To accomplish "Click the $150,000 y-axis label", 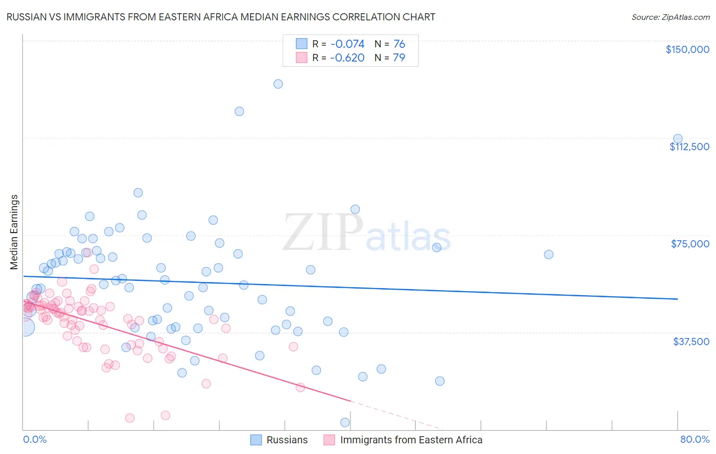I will click(687, 49).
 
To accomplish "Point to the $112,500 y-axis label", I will click(689, 147).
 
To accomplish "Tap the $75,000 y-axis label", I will click(690, 244).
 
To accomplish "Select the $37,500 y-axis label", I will click(691, 342).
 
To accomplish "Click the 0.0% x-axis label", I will click(35, 439).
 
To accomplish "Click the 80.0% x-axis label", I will click(695, 439).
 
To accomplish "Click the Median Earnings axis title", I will click(14, 232).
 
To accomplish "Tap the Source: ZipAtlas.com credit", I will click(670, 17).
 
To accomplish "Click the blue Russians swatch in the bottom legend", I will click(256, 440).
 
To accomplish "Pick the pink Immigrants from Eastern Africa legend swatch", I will click(329, 440).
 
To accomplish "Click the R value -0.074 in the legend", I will click(347, 44).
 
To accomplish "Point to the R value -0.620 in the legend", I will click(347, 58).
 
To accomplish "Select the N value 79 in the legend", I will click(399, 58).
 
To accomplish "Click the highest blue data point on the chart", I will click(278, 84).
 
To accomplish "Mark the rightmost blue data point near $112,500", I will click(678, 138).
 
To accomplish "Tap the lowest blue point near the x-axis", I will click(345, 422).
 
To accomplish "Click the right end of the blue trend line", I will click(678, 299).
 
